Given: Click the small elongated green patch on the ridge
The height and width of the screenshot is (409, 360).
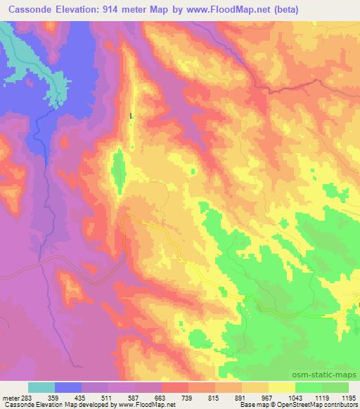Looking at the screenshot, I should coord(118,169).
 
